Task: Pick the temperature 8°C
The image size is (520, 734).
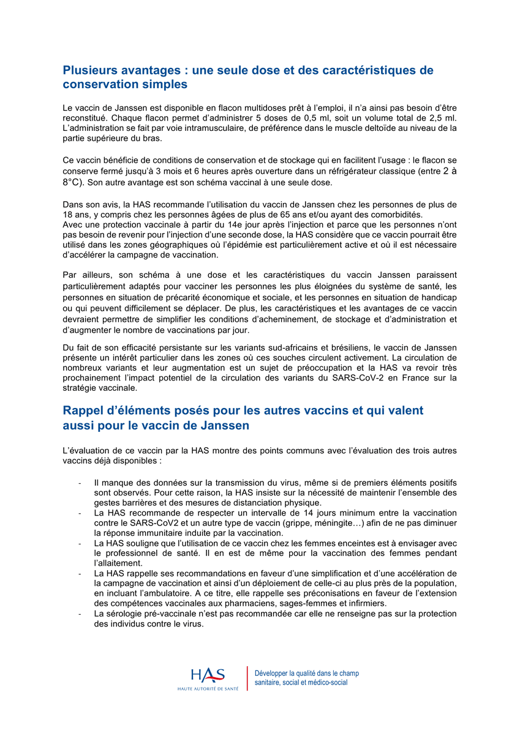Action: point(74,182)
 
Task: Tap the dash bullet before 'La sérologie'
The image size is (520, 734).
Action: point(80,614)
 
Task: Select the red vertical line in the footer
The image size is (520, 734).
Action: point(247,678)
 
